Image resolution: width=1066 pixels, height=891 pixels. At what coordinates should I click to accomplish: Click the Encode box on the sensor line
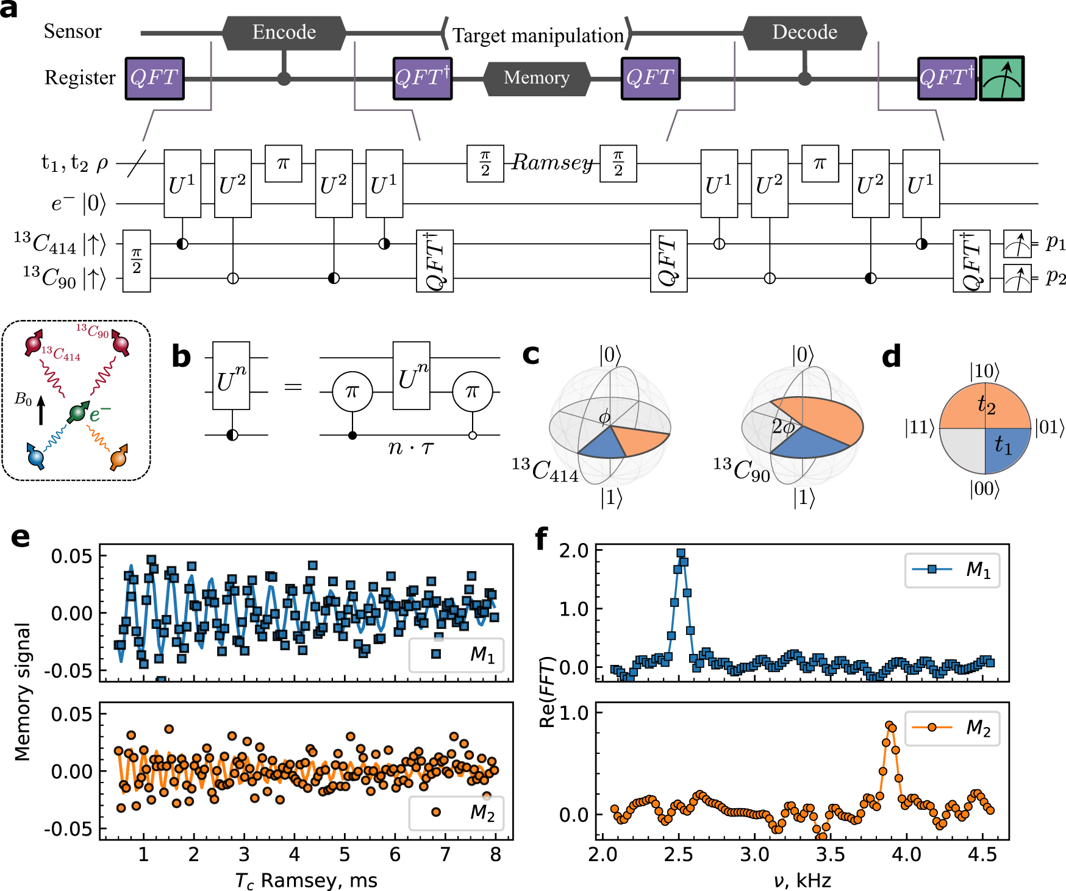tap(284, 33)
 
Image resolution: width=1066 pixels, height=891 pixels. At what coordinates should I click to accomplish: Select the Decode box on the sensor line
tap(804, 33)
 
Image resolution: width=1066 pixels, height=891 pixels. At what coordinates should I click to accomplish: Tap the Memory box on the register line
tap(537, 79)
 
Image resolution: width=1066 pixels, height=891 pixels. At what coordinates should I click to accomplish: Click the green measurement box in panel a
tap(1001, 79)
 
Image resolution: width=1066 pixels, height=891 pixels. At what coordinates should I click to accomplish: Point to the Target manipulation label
tap(538, 36)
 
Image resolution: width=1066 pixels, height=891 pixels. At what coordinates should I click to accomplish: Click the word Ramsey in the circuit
tap(552, 163)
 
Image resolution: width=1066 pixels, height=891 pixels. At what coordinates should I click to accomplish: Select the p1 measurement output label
tap(1056, 243)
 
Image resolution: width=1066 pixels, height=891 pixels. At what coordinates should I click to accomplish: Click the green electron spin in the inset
tap(77, 413)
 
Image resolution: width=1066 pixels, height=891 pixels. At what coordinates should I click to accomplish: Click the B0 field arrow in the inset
tap(41, 410)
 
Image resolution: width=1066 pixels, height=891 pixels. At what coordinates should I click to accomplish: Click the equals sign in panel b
tap(293, 387)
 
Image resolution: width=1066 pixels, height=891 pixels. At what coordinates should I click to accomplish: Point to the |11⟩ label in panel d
tap(920, 428)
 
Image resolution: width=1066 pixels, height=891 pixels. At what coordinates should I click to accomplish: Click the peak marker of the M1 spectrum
tap(681, 553)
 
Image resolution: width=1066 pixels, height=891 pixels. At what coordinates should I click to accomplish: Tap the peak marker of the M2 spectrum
tap(889, 725)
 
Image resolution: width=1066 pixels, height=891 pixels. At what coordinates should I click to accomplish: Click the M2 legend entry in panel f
tap(952, 728)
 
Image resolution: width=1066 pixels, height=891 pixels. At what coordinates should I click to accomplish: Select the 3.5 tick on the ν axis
tap(830, 855)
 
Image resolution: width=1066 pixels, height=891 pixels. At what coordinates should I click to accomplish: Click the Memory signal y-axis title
tap(23, 692)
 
